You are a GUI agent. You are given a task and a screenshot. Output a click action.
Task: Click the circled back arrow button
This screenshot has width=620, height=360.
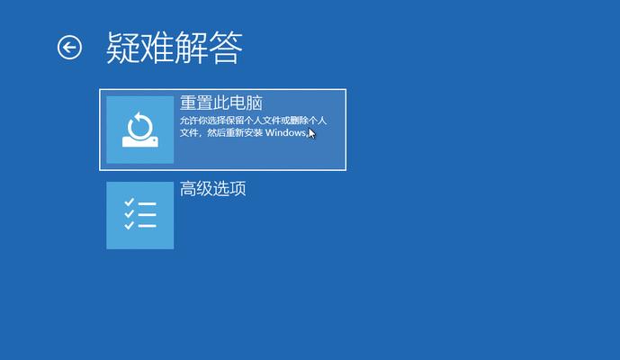[69, 48]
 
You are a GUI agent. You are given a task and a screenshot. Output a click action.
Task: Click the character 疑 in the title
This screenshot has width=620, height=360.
[123, 48]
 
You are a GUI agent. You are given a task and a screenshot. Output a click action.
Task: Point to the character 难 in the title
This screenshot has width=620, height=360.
[157, 48]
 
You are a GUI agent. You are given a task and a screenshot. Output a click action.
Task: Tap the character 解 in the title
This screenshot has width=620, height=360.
[192, 48]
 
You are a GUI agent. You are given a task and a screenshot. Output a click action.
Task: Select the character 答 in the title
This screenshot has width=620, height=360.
[225, 48]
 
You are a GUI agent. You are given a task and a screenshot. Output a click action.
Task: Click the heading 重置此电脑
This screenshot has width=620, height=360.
[221, 103]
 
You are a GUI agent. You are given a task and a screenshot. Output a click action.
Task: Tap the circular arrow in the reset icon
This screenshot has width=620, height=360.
[139, 126]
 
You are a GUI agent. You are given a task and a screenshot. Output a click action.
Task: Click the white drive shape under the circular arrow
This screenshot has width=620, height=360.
[140, 141]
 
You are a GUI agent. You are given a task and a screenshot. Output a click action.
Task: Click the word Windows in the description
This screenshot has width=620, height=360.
[285, 132]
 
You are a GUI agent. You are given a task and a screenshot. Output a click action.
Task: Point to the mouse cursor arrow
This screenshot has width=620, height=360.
[311, 133]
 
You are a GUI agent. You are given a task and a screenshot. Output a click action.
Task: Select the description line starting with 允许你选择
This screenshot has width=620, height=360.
[253, 121]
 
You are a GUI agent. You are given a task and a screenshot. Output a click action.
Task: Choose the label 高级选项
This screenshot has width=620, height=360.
[212, 188]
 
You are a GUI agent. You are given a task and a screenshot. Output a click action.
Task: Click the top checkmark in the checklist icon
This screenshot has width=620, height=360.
[130, 202]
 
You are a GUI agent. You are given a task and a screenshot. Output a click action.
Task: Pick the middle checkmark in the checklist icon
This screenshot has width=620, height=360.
[130, 213]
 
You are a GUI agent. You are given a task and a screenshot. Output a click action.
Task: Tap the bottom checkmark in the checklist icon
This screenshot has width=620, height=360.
[130, 225]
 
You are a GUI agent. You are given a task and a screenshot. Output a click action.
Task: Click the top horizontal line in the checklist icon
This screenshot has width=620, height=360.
[147, 203]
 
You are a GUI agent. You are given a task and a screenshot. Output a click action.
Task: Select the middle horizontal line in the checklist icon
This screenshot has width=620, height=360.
[147, 215]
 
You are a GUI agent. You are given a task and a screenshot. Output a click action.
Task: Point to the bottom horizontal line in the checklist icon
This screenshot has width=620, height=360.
[147, 226]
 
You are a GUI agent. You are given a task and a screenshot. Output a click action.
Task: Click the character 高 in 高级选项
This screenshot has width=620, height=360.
[188, 188]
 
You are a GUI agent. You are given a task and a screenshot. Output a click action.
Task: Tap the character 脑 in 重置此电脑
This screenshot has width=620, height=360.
[255, 103]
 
